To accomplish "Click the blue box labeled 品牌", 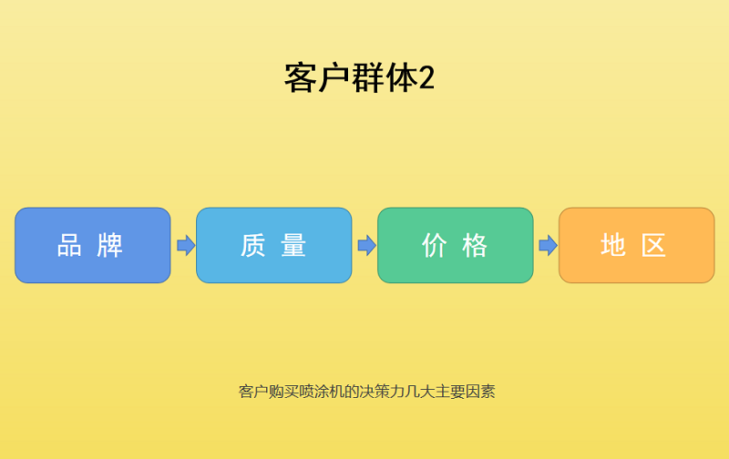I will [92, 245].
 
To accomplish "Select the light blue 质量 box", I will [273, 245].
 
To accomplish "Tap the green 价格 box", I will [455, 245].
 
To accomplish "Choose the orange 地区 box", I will [636, 245].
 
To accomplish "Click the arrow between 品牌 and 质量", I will [185, 245].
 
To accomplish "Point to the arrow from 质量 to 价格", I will [366, 245].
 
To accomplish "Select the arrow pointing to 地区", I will [548, 245].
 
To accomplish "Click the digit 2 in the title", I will [426, 78].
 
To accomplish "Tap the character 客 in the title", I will [300, 78].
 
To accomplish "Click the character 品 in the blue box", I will [70, 245].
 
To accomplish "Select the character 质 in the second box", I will [252, 245].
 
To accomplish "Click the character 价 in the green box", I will [434, 245].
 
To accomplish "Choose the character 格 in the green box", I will [476, 245].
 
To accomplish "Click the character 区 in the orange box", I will [655, 245].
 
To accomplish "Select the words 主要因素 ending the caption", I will [465, 392].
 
